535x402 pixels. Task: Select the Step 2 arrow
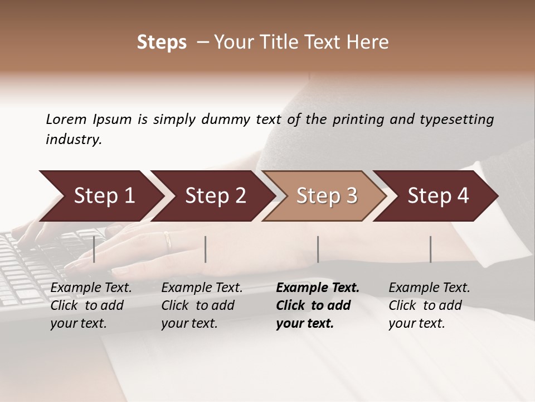pyautogui.click(x=215, y=196)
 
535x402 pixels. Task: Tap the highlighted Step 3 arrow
pyautogui.click(x=327, y=196)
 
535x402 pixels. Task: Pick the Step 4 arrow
pyautogui.click(x=438, y=196)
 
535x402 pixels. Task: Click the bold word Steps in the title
pyautogui.click(x=162, y=42)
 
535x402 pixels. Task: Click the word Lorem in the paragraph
pyautogui.click(x=66, y=119)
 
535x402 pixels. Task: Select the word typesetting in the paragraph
pyautogui.click(x=461, y=119)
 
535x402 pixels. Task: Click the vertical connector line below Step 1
pyautogui.click(x=94, y=249)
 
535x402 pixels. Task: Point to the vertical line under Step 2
pyautogui.click(x=206, y=249)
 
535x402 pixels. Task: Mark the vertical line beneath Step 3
pyautogui.click(x=318, y=249)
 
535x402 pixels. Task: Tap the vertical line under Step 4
pyautogui.click(x=430, y=249)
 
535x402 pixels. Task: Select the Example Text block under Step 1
pyautogui.click(x=91, y=305)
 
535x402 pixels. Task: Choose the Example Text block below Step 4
pyautogui.click(x=429, y=305)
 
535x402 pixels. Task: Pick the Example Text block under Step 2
pyautogui.click(x=202, y=305)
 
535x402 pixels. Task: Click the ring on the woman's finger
pyautogui.click(x=167, y=240)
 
